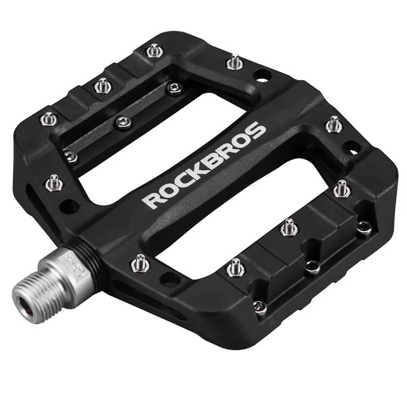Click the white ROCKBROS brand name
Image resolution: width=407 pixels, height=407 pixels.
[x=203, y=166]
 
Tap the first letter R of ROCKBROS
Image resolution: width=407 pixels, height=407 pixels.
[x=150, y=200]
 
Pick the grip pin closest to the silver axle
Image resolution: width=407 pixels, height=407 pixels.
[x=139, y=262]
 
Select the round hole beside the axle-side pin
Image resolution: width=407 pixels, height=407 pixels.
[x=169, y=279]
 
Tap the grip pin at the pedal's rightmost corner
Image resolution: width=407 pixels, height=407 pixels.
[x=342, y=188]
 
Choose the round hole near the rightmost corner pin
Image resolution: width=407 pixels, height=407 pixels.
[x=350, y=148]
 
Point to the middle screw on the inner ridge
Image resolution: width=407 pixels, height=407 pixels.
[x=123, y=121]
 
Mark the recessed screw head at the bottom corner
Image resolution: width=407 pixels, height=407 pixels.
[x=259, y=306]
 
